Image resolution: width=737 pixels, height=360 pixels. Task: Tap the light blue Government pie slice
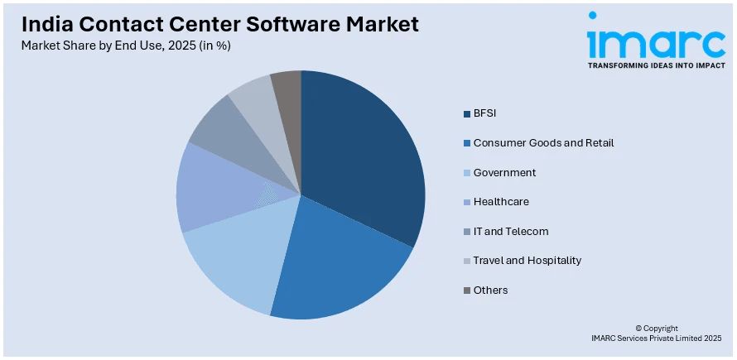(x=236, y=261)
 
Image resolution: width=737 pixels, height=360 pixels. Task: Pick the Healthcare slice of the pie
(x=211, y=190)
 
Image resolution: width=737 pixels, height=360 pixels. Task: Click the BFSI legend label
(x=484, y=113)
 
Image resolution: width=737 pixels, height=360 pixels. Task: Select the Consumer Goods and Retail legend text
(x=543, y=142)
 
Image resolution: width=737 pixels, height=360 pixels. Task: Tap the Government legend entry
(x=504, y=172)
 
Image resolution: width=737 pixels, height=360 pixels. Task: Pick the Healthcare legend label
(x=501, y=201)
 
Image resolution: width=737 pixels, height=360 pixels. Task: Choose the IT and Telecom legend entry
(x=511, y=231)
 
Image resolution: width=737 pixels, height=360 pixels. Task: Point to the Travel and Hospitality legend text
(x=527, y=260)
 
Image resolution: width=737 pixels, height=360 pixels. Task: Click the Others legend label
(x=490, y=290)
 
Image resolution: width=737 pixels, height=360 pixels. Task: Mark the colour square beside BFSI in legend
(x=467, y=113)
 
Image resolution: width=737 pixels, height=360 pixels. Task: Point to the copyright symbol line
(x=656, y=329)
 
